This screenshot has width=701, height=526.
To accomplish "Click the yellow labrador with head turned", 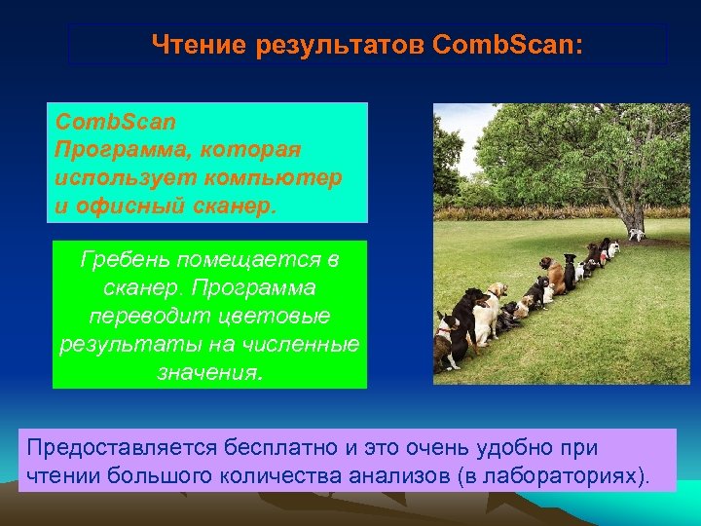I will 496,298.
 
